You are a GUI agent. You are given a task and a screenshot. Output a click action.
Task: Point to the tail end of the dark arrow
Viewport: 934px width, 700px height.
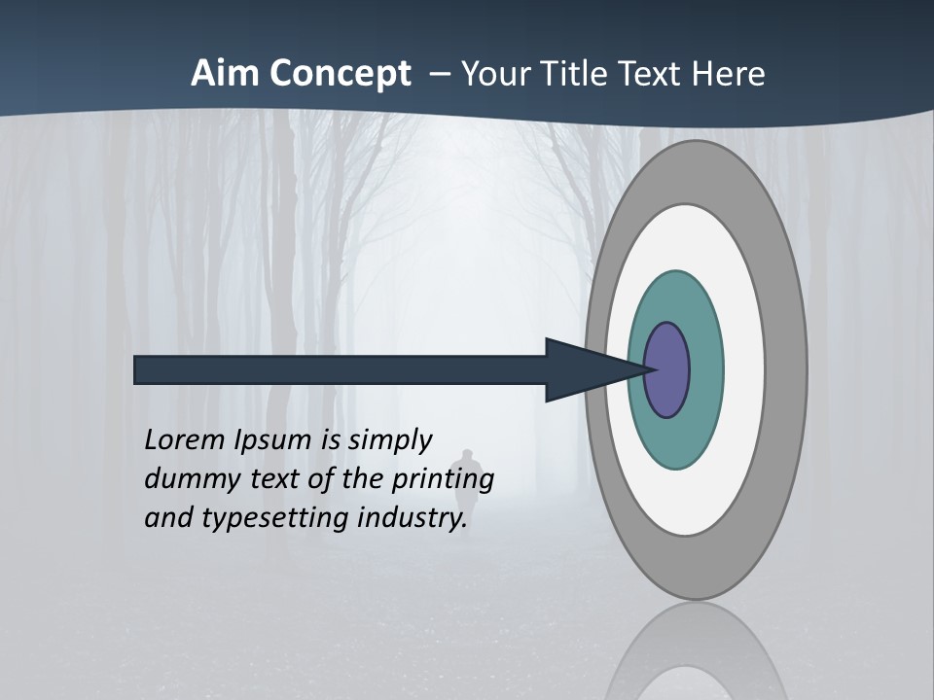tap(141, 370)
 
